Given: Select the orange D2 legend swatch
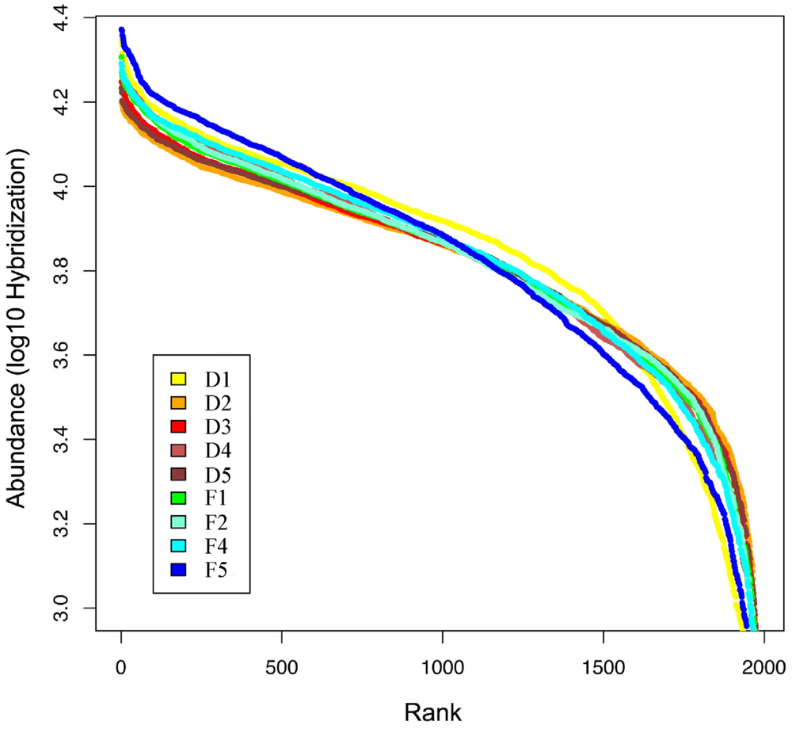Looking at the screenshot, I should pyautogui.click(x=177, y=403).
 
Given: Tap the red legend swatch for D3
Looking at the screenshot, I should pyautogui.click(x=177, y=426).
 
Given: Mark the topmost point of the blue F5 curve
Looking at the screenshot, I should pyautogui.click(x=122, y=30).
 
